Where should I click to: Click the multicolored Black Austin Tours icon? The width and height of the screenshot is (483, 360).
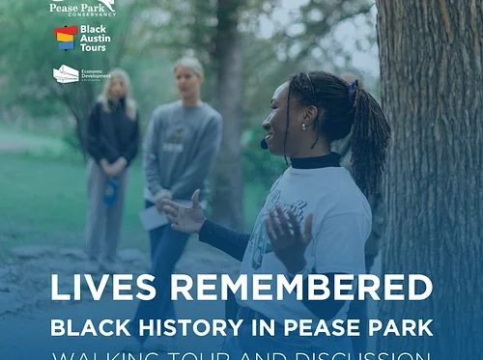(x=65, y=39)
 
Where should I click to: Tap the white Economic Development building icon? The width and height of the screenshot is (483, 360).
(x=66, y=73)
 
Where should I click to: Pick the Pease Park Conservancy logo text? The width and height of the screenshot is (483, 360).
(x=81, y=7)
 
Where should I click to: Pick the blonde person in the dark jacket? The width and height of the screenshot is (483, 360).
(x=114, y=135)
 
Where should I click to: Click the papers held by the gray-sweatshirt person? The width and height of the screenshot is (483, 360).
(x=155, y=218)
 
